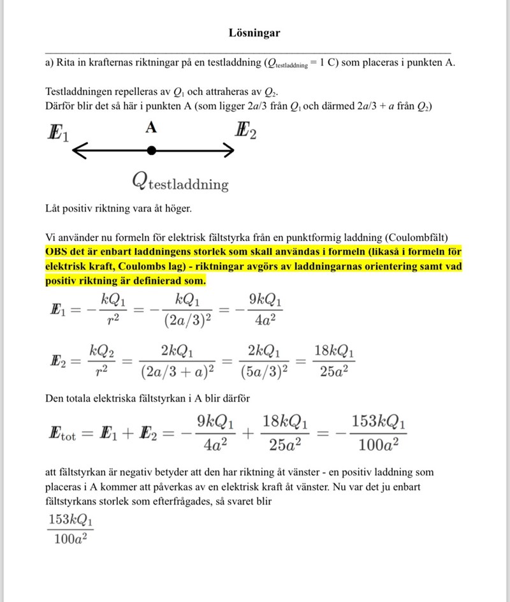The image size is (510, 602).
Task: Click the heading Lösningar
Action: click(x=254, y=33)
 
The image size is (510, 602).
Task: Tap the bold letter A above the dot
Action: click(x=150, y=128)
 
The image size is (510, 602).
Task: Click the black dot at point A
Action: click(x=151, y=150)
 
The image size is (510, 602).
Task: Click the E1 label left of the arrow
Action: click(x=57, y=134)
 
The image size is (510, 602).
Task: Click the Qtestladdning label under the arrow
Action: click(x=180, y=182)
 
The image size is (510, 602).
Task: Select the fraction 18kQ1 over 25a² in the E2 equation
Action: click(x=334, y=360)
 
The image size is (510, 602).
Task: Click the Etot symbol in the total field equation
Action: click(x=61, y=436)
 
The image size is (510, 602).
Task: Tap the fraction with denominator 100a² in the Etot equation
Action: click(x=378, y=434)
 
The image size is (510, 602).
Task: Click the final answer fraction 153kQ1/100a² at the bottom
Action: click(x=69, y=529)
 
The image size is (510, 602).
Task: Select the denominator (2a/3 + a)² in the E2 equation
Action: click(x=177, y=371)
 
